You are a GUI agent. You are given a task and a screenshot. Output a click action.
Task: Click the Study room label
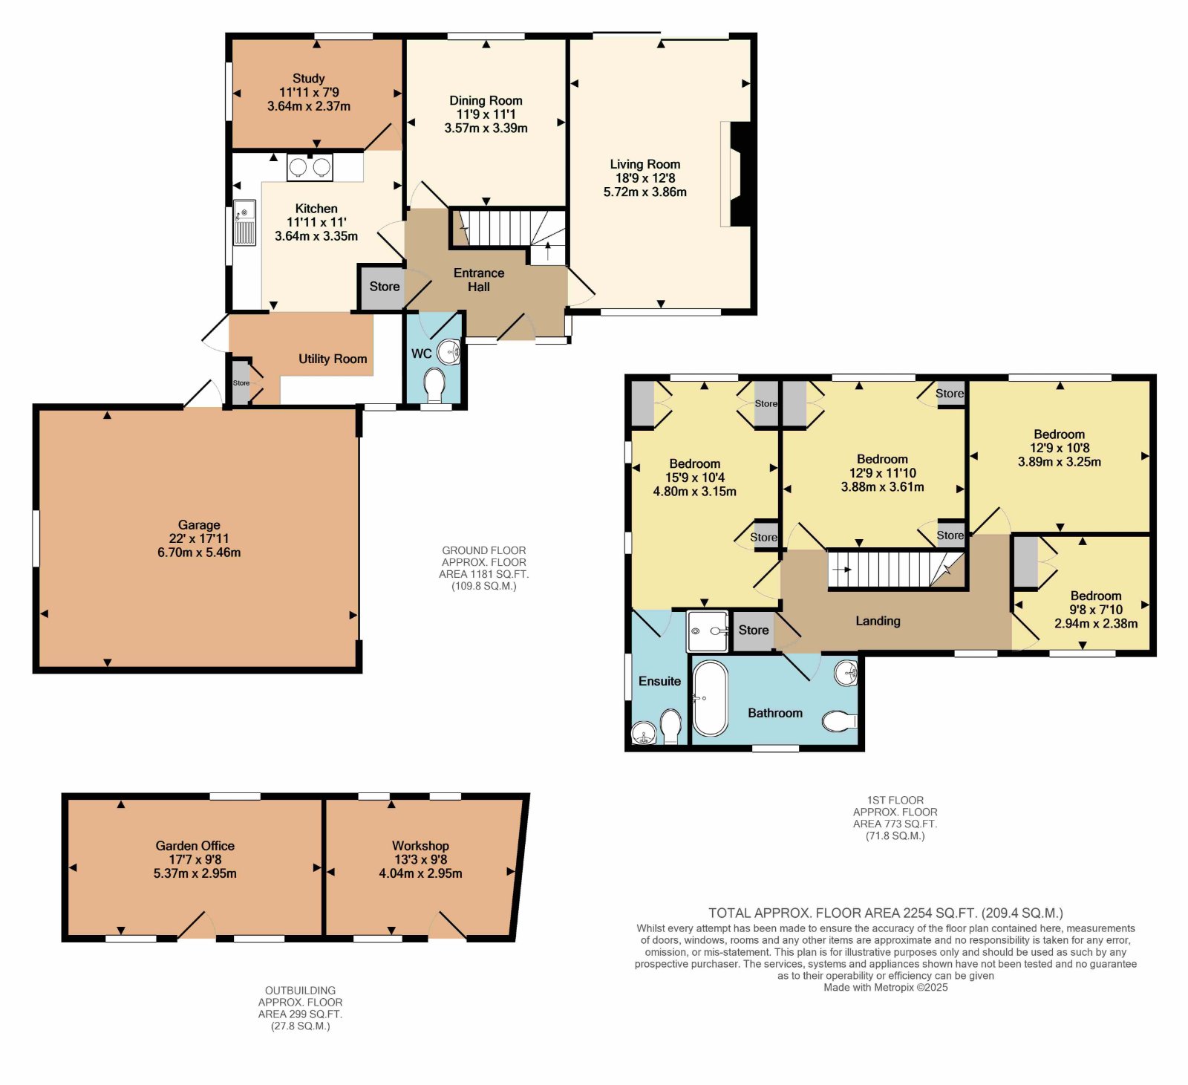click(308, 78)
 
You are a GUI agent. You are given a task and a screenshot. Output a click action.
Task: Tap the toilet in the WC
click(434, 385)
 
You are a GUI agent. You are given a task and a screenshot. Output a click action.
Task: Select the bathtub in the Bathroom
click(711, 698)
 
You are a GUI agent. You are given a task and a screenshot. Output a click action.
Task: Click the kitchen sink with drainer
click(244, 223)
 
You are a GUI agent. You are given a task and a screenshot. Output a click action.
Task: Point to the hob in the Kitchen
click(310, 167)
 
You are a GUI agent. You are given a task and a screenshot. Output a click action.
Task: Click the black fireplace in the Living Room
click(741, 174)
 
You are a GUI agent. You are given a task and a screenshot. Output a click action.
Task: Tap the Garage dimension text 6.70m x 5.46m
click(199, 553)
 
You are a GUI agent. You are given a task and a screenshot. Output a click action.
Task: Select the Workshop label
click(420, 846)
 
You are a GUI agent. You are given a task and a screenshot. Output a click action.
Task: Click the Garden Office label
click(195, 846)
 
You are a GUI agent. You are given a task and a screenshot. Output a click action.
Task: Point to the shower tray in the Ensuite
click(708, 631)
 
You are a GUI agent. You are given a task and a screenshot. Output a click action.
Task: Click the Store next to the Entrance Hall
click(385, 287)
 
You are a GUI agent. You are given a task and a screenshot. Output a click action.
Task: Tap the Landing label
click(878, 621)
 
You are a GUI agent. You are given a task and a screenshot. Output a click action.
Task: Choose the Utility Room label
click(333, 359)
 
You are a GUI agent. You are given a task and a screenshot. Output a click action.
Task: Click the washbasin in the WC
click(449, 351)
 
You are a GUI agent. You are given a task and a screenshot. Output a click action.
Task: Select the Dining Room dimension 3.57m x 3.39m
click(486, 128)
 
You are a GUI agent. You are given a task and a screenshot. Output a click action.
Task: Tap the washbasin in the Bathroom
click(846, 674)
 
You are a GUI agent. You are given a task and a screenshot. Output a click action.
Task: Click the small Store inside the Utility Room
click(241, 383)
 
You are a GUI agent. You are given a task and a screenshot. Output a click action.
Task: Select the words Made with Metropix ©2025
click(885, 988)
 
